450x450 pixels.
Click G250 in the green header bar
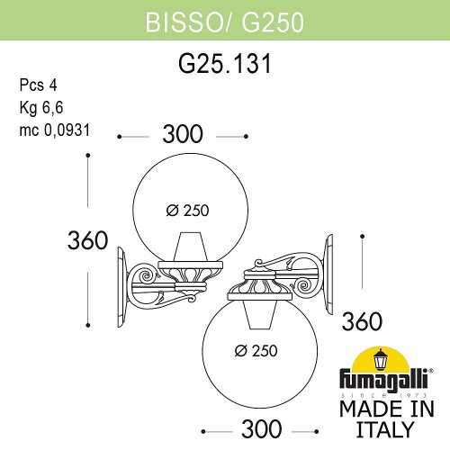click(257, 18)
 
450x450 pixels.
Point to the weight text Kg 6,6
click(40, 108)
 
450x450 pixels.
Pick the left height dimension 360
click(88, 241)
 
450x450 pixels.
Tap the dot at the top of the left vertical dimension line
click(87, 156)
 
